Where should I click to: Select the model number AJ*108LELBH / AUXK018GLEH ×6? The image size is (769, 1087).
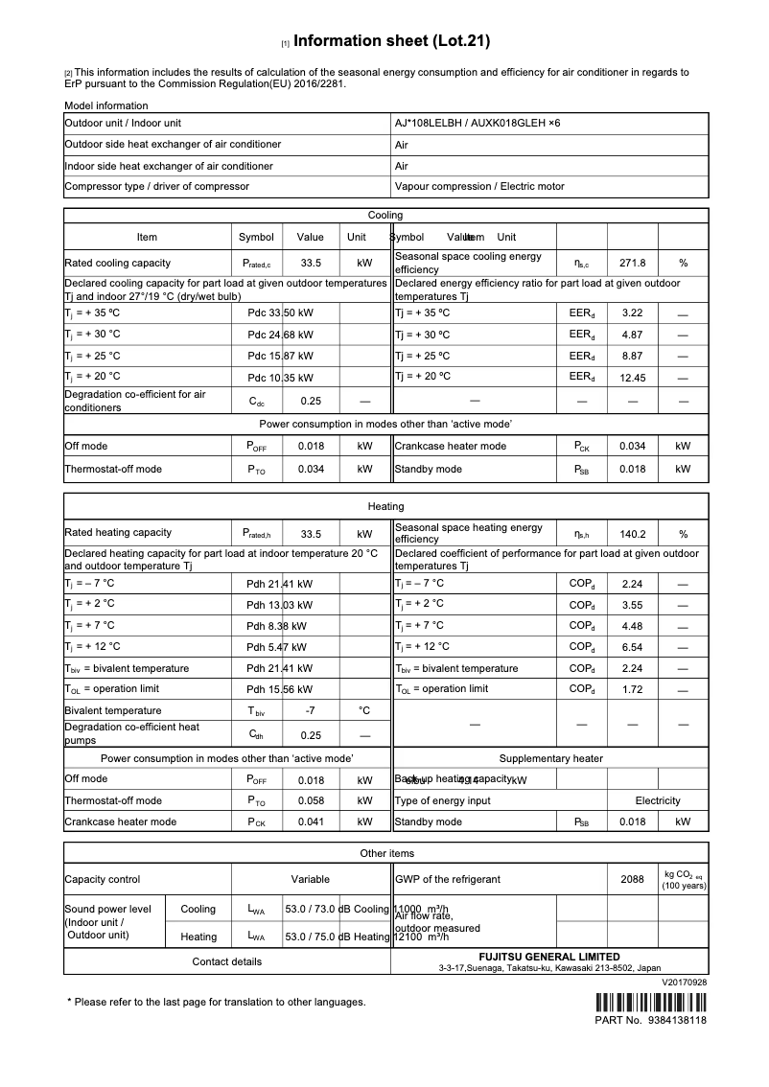click(x=478, y=124)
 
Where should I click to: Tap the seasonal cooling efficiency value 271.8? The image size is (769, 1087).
click(x=632, y=263)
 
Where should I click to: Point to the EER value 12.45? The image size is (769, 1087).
click(x=632, y=378)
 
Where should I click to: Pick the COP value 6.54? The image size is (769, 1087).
click(x=632, y=647)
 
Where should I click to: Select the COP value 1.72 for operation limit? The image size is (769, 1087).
click(x=632, y=689)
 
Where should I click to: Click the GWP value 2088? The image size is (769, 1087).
click(x=632, y=879)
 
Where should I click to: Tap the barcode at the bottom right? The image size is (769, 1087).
click(x=651, y=1004)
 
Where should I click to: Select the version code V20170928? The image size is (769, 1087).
click(x=684, y=983)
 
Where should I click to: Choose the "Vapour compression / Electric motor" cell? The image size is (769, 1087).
click(x=479, y=187)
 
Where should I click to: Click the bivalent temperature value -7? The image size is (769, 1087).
click(x=310, y=710)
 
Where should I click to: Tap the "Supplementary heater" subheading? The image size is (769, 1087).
click(x=550, y=758)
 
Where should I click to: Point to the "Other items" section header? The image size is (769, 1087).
click(x=386, y=853)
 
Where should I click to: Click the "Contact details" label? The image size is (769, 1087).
click(x=226, y=961)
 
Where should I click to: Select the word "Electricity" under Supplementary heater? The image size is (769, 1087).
click(x=657, y=800)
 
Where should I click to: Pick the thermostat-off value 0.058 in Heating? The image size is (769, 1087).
click(x=310, y=800)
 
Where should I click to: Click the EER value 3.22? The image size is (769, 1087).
click(x=632, y=313)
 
